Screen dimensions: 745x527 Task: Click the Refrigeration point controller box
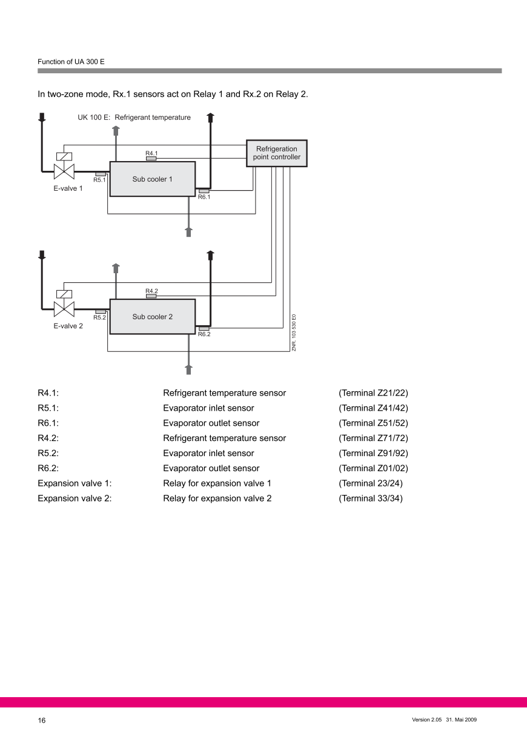click(276, 153)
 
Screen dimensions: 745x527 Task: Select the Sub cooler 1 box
click(152, 179)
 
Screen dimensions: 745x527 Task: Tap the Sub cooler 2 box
click(152, 316)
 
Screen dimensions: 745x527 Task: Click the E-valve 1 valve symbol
click(64, 170)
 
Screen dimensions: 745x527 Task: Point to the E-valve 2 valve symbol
click(64, 308)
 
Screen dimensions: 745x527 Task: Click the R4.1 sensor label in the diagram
click(151, 153)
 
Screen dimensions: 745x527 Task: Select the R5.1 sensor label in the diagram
click(99, 180)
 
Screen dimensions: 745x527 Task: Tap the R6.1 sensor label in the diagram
click(204, 197)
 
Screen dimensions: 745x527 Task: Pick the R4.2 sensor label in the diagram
click(151, 291)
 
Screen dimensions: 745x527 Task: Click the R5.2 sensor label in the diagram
click(99, 317)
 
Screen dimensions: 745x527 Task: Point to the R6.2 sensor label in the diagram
click(204, 334)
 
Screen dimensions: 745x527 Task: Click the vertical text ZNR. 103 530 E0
click(294, 333)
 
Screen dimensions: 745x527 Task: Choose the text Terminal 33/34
click(370, 498)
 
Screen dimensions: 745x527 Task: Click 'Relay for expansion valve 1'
click(217, 483)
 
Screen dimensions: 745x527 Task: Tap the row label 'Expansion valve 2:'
click(75, 498)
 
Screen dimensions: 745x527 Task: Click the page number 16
click(42, 720)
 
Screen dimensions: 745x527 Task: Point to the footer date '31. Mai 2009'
click(462, 720)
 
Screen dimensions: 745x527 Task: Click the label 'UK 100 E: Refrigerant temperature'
click(134, 118)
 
